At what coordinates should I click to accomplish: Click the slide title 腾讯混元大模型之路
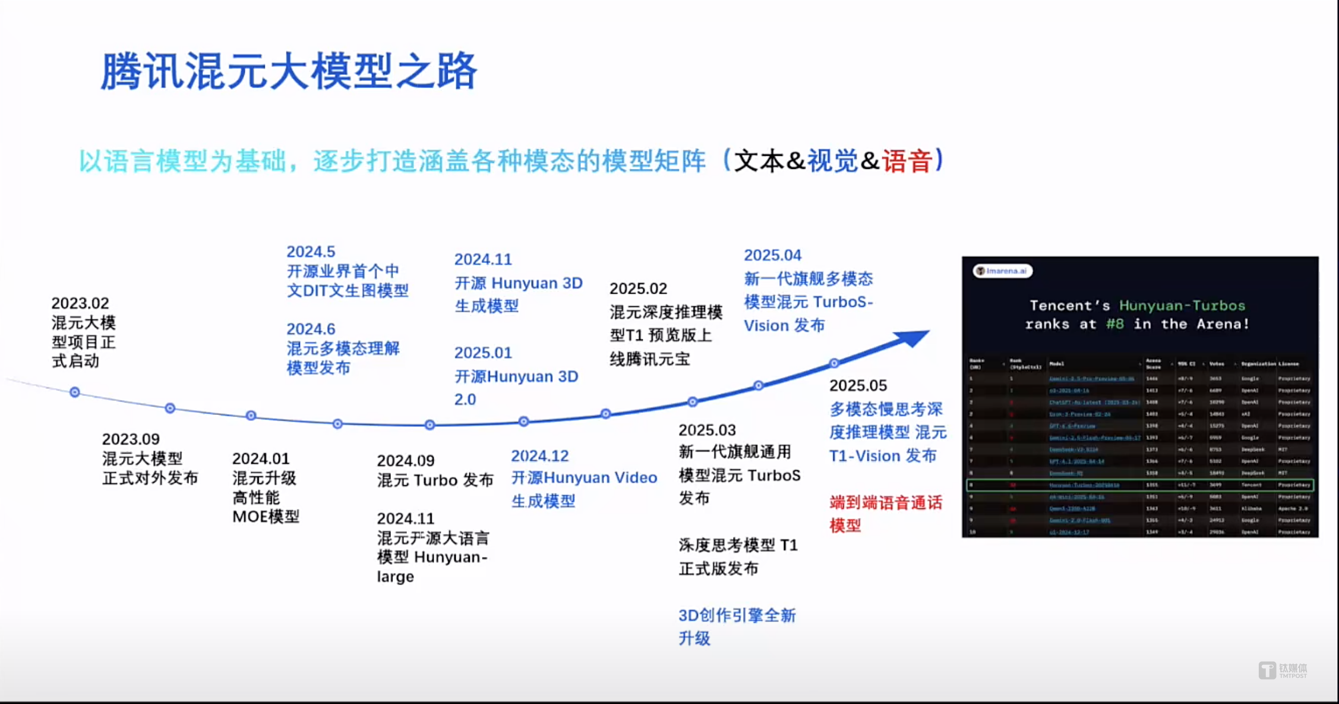289,71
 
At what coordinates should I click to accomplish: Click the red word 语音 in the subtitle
907,161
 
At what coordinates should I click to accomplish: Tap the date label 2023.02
80,303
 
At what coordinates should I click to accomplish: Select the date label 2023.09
131,439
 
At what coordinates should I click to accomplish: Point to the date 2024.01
261,458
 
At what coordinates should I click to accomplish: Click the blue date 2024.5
311,252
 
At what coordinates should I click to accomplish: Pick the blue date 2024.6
311,329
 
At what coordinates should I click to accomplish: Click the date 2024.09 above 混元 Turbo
406,461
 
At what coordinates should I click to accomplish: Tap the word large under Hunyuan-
395,577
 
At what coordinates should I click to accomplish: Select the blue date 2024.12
540,456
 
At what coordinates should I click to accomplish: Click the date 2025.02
639,288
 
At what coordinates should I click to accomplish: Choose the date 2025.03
707,430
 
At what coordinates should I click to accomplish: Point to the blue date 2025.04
772,255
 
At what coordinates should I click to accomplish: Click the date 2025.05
858,385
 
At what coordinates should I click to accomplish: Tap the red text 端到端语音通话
886,503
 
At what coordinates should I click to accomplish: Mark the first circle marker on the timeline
75,392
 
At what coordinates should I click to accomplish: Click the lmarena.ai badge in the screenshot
1003,271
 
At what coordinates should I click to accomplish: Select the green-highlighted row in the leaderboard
1140,485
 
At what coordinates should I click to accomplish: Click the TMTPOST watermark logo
1283,671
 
